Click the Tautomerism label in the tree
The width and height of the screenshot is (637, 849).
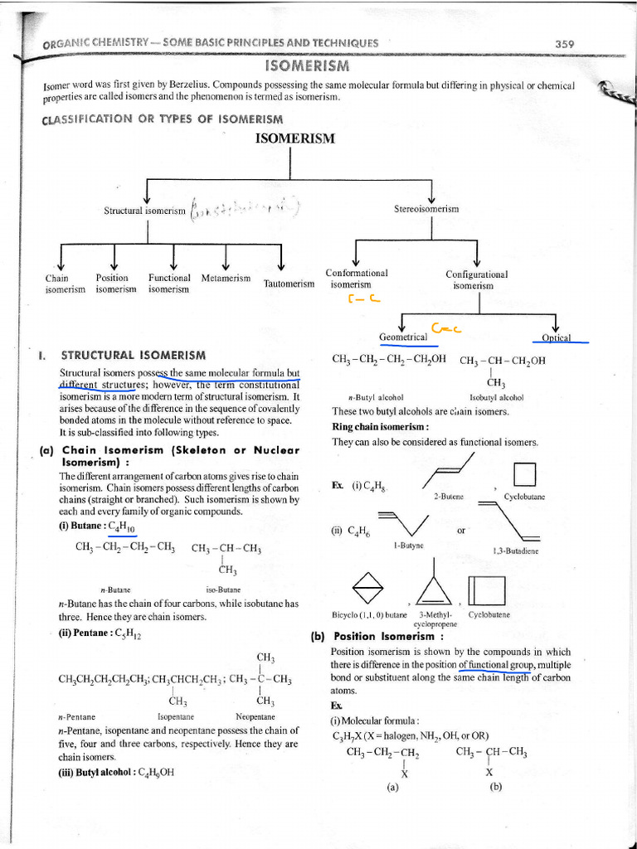click(289, 284)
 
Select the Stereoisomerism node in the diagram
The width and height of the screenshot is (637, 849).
click(426, 210)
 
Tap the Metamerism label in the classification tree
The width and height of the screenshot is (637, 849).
click(226, 278)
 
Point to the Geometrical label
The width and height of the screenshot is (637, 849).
click(402, 337)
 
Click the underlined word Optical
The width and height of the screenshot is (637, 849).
click(557, 337)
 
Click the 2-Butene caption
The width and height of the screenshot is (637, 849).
click(448, 496)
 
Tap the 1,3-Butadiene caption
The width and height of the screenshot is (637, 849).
click(515, 551)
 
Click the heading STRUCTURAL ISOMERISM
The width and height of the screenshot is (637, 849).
click(134, 355)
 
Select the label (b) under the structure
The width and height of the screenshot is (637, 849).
click(496, 788)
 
